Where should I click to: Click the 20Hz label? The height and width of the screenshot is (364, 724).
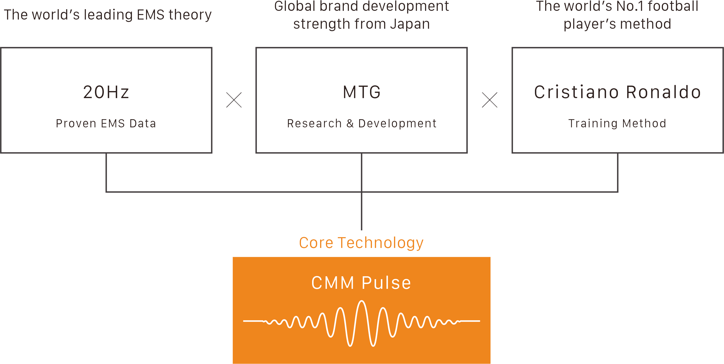click(106, 92)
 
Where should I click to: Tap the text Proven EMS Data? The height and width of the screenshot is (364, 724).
click(106, 124)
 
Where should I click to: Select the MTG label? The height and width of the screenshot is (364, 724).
click(362, 92)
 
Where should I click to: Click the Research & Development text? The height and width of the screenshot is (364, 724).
click(362, 124)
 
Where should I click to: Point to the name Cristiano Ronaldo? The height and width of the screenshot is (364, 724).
click(617, 92)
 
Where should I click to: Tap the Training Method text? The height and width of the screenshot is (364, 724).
click(617, 124)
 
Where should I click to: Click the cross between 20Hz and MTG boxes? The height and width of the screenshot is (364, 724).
click(234, 100)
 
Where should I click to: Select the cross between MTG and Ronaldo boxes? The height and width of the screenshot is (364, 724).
click(490, 100)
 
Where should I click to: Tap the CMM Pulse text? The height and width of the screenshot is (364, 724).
click(361, 283)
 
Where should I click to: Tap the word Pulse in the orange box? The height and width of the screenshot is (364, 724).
click(386, 283)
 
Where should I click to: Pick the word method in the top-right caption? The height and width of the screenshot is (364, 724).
click(646, 24)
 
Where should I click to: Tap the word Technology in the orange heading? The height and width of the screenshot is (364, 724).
click(381, 243)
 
